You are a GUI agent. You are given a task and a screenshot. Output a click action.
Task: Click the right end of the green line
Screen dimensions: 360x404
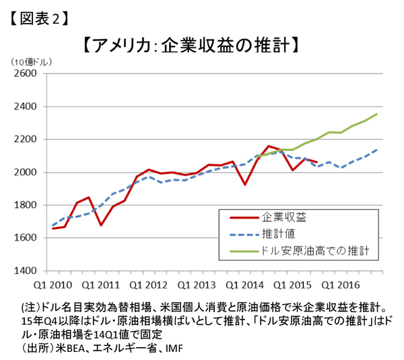377,114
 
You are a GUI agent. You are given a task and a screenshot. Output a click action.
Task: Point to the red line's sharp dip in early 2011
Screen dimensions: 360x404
100,224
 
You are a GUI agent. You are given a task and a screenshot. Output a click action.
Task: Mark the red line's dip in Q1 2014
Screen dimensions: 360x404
245,184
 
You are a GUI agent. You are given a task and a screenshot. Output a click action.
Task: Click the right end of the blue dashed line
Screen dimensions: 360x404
377,150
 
